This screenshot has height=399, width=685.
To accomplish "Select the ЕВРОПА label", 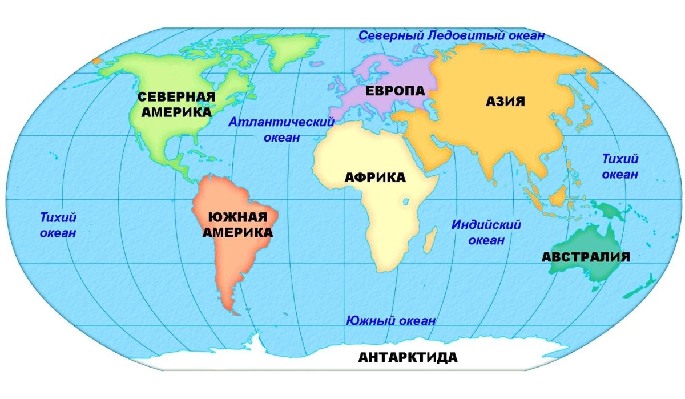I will (x=395, y=91).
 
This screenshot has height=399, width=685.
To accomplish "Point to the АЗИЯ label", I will (x=505, y=102).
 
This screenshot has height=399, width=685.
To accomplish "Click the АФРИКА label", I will (x=375, y=177).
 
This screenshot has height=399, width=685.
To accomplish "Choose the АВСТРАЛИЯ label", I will (x=586, y=257).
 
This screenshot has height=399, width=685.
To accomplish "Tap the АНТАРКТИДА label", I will (x=408, y=358).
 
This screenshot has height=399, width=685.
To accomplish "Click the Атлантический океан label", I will (x=281, y=130).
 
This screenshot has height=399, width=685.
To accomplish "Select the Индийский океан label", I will (x=486, y=232).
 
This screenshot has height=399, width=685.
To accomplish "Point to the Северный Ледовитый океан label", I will (x=451, y=35).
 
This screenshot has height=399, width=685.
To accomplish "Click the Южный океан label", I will (x=390, y=321).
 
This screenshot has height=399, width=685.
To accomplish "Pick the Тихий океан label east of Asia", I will (x=620, y=166).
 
